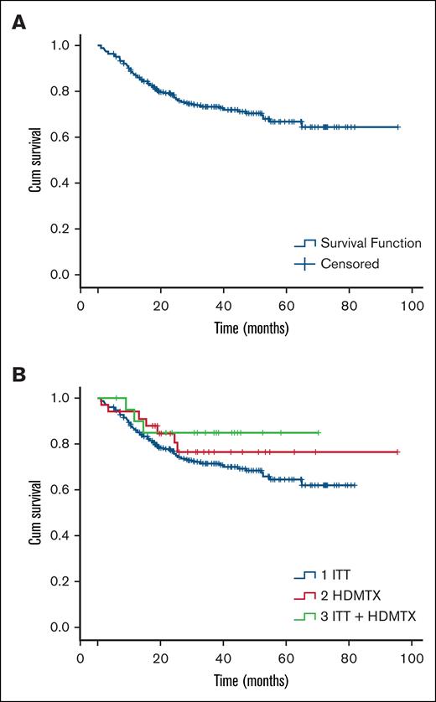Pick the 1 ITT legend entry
333,575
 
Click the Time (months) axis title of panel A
247,328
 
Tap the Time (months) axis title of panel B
247,679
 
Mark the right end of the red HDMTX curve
398,452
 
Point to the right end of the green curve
319,432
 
